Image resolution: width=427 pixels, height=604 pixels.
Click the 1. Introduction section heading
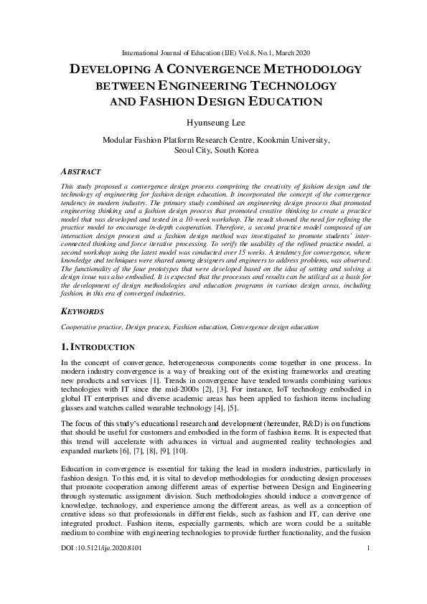coord(98,347)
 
